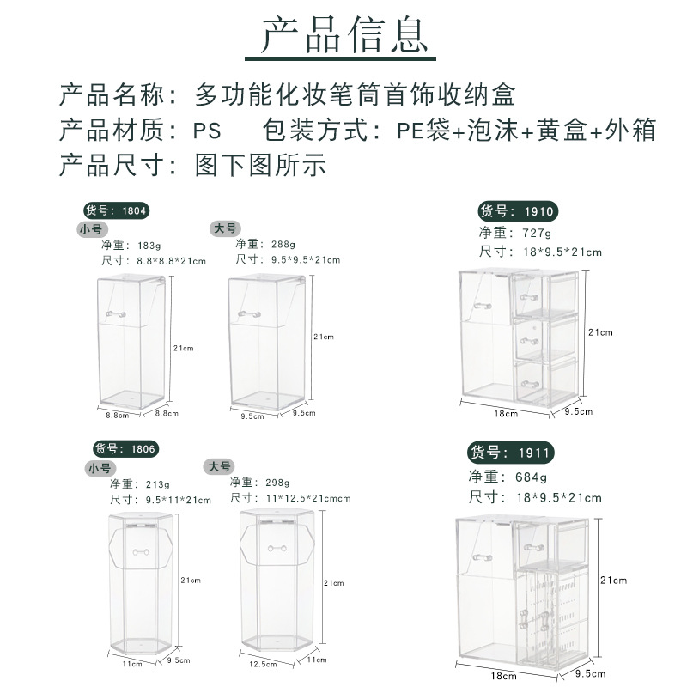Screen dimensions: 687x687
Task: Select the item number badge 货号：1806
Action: tap(125, 448)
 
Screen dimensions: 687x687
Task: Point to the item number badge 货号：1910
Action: tap(517, 211)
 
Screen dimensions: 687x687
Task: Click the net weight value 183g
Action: tap(149, 245)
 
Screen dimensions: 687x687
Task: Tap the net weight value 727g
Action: tap(533, 233)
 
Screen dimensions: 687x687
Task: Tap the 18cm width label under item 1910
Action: tap(507, 413)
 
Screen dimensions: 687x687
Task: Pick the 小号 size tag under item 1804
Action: tap(89, 229)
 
